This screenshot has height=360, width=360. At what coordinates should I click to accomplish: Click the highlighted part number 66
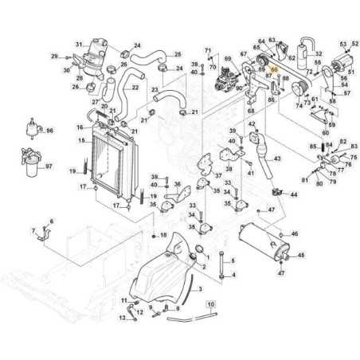pyautogui.click(x=276, y=70)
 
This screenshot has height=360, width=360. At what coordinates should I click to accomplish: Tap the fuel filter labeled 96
pyautogui.click(x=33, y=128)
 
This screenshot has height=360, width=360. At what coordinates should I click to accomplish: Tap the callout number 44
pyautogui.click(x=294, y=194)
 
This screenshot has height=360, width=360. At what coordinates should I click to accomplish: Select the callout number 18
pyautogui.click(x=162, y=236)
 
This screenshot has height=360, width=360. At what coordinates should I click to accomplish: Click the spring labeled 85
pyautogui.click(x=324, y=146)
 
